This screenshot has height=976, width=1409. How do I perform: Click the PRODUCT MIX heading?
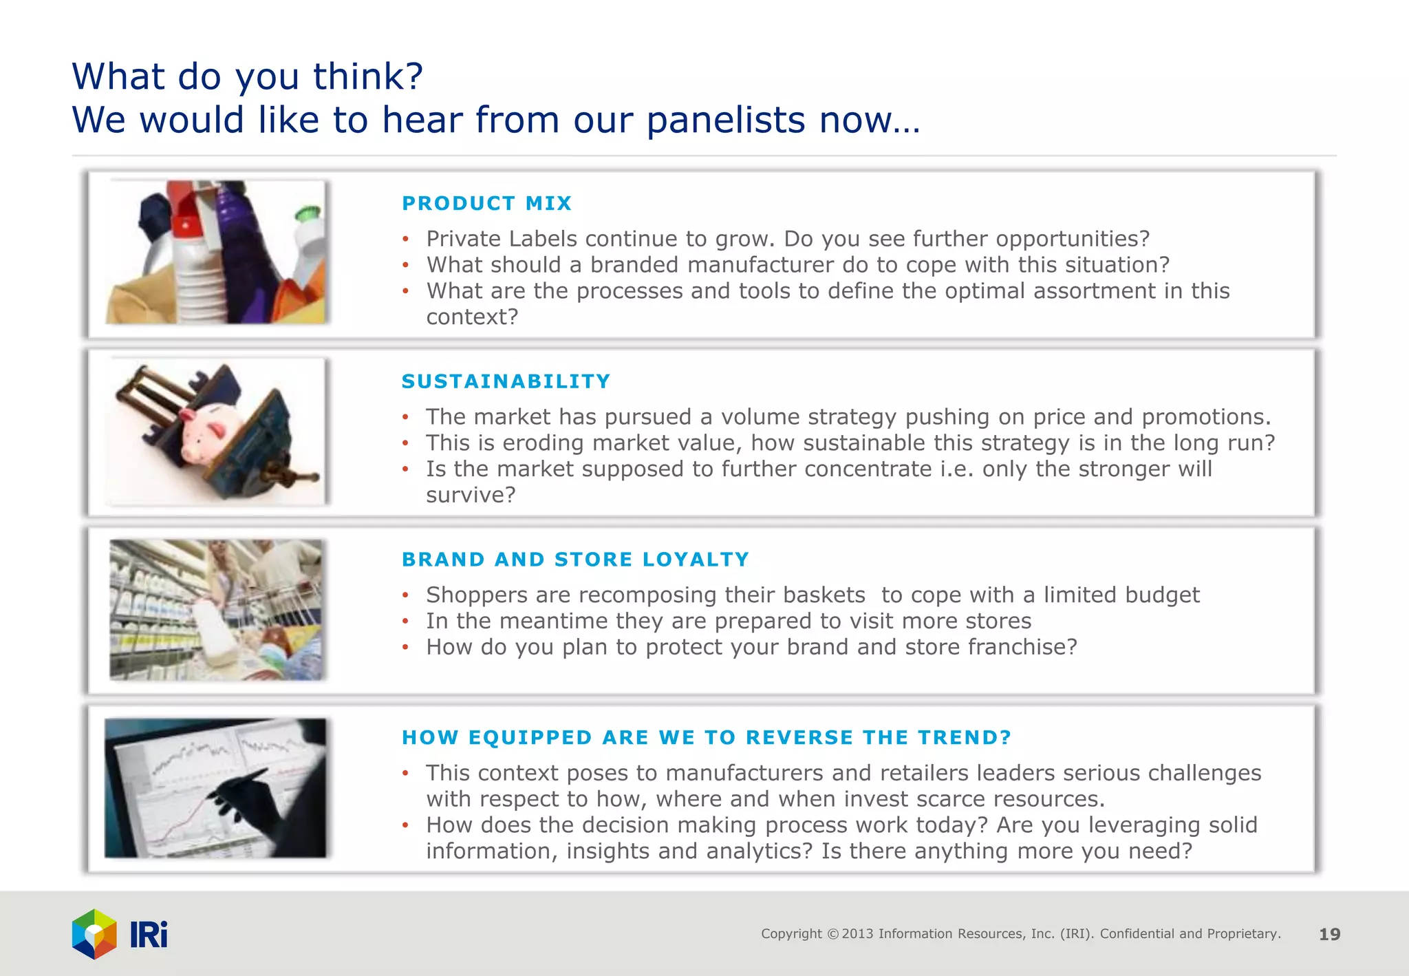pos(486,204)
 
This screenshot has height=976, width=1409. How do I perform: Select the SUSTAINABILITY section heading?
pos(506,381)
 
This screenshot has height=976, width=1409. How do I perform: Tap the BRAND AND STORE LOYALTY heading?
pos(575,560)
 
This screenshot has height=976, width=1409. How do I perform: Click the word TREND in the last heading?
pos(964,738)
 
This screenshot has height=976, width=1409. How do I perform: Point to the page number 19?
pos(1329,934)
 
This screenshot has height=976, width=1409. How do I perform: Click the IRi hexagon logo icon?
pos(94,934)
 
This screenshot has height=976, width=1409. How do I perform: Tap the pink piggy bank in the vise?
pos(207,433)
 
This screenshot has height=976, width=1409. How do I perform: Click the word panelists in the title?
pos(726,120)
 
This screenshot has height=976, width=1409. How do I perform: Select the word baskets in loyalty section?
pos(824,595)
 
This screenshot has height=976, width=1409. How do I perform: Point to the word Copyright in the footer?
pos(790,934)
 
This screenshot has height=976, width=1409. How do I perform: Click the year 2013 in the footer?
pos(858,934)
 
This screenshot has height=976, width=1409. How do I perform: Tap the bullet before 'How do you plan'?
pos(406,648)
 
